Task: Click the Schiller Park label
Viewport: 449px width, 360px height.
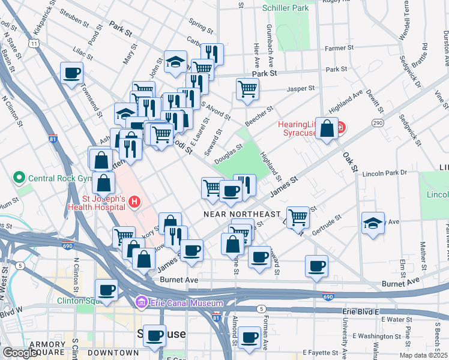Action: coord(286,8)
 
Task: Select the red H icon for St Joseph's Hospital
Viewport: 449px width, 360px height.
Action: coord(133,203)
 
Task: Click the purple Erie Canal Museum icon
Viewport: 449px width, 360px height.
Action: coord(142,302)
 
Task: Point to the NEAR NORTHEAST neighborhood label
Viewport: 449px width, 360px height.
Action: coord(242,214)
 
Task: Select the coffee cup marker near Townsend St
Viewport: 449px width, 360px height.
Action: coord(71,73)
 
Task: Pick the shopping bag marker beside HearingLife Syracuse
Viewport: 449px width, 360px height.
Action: coord(327,128)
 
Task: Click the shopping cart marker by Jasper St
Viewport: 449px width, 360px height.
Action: coord(247,89)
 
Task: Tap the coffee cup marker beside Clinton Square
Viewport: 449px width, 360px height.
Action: coord(107,290)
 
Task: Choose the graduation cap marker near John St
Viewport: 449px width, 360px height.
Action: coord(175,62)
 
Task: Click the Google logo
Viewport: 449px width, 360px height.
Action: coord(21,353)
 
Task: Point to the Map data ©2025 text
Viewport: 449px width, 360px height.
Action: coord(424,355)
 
